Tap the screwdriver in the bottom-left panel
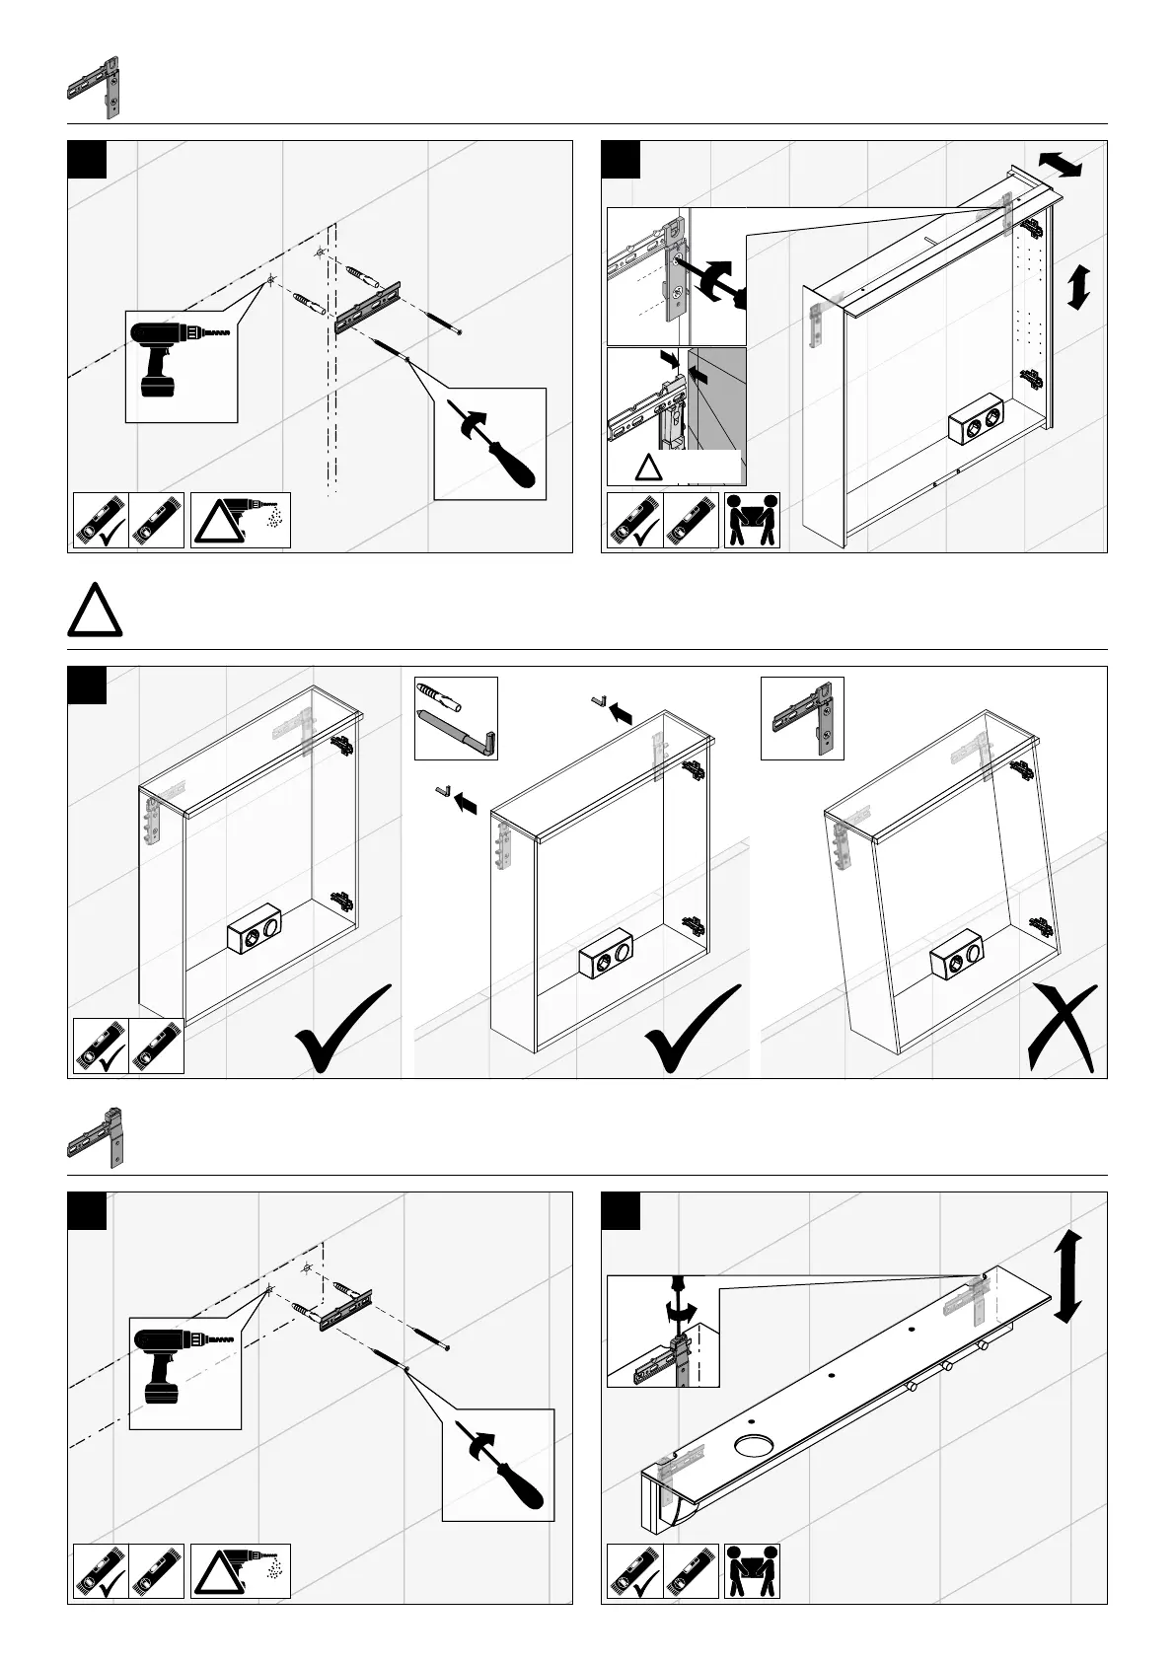coord(503,1471)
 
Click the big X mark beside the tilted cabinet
coord(1062,1029)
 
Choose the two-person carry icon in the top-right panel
coord(752,521)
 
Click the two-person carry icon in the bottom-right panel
coord(752,1571)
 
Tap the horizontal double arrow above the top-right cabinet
coord(1061,164)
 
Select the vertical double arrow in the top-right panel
coord(1079,287)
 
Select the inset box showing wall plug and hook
coord(456,718)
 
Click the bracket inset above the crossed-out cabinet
coord(802,718)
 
